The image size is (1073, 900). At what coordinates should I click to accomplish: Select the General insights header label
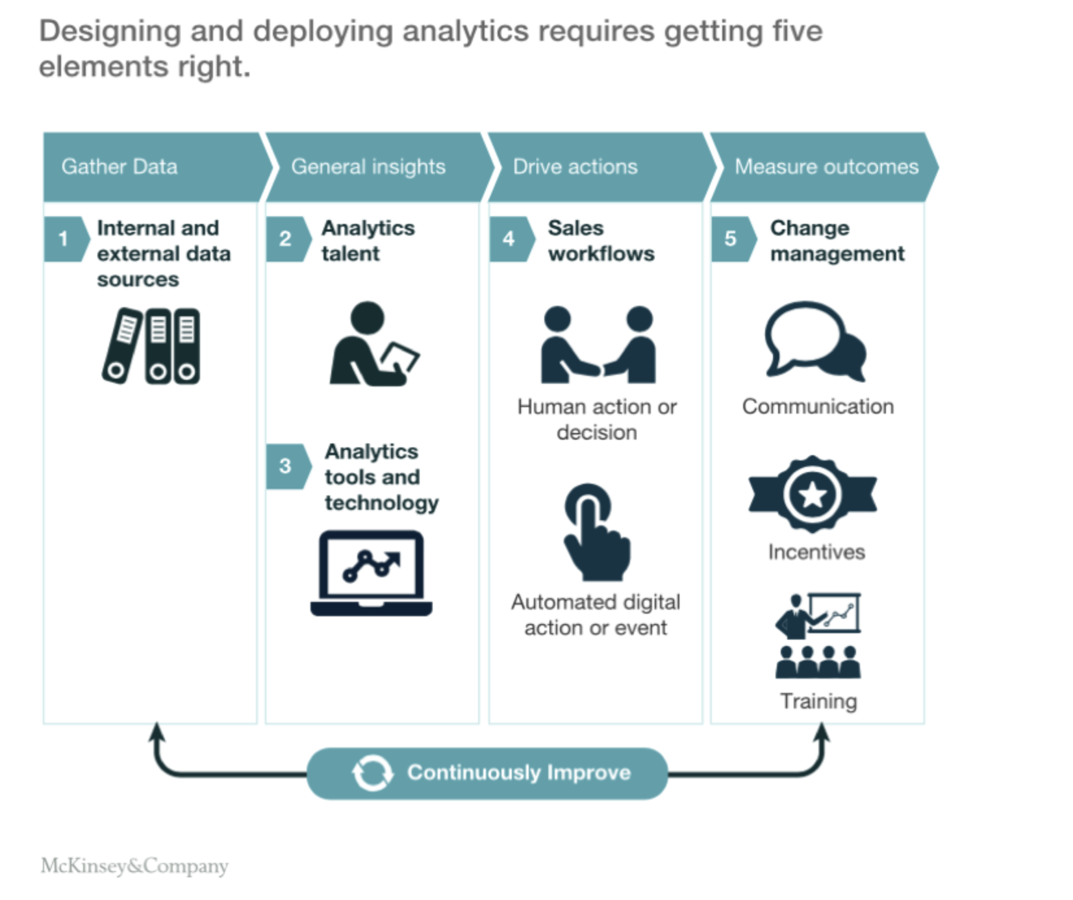pos(368,167)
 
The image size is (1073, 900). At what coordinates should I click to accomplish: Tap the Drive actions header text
pos(575,167)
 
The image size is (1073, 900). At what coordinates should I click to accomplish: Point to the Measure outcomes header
pos(826,167)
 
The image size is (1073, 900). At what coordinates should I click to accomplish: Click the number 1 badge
pos(64,239)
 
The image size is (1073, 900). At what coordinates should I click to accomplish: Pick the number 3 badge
pos(285,466)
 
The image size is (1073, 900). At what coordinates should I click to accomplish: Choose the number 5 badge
pos(731,239)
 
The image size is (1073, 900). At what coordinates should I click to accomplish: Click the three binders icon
pos(152,346)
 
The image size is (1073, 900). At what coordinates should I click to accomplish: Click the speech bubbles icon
pos(816,340)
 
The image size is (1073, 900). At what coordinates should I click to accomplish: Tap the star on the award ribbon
pos(813,495)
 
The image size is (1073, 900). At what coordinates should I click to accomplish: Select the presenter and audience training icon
pos(818,636)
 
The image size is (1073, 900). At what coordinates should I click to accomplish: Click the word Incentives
pos(816,552)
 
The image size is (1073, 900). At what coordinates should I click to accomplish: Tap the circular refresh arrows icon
pos(372,773)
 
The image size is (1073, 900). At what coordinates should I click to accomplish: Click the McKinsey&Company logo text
pos(134,866)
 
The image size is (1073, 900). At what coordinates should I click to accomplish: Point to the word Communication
pos(818,406)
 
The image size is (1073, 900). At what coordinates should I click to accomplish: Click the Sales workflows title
pos(601,241)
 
